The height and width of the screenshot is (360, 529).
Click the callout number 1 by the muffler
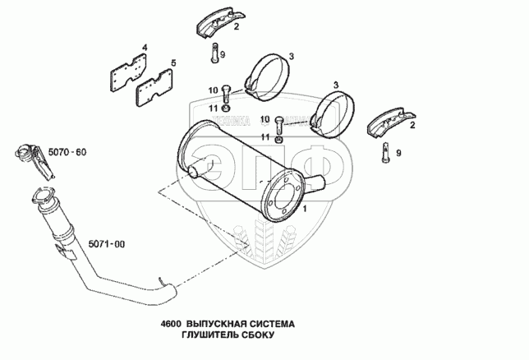pyautogui.click(x=306, y=210)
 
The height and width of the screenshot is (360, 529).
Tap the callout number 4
pyautogui.click(x=145, y=48)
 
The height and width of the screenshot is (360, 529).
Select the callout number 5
pyautogui.click(x=172, y=62)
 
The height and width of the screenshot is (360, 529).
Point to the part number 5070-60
pyautogui.click(x=67, y=153)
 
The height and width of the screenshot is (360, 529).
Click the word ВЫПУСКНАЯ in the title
pyautogui.click(x=218, y=324)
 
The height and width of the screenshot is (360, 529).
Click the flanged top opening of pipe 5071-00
pyautogui.click(x=42, y=198)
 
